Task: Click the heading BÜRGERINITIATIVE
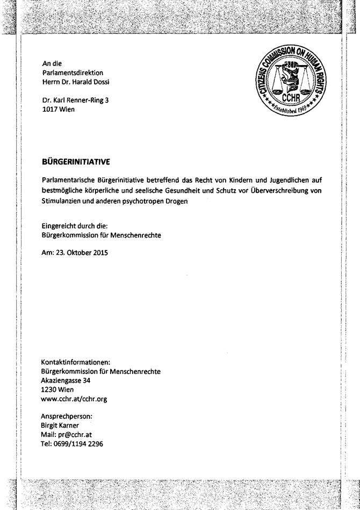click(x=76, y=161)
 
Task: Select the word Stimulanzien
click(x=62, y=202)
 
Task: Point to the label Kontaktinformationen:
click(x=76, y=362)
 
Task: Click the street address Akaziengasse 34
click(x=66, y=380)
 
